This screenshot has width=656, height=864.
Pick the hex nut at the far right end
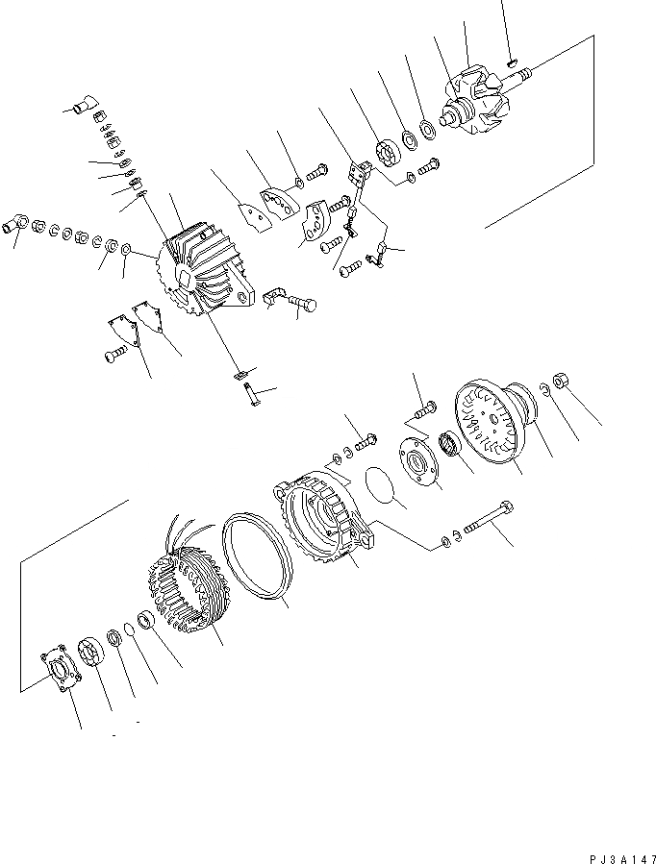click(x=563, y=382)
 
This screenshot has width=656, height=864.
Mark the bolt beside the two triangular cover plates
click(x=113, y=357)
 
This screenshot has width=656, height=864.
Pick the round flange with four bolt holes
click(x=419, y=461)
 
